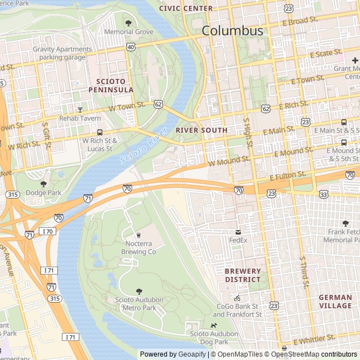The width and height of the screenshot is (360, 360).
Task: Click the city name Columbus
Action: coord(232,30)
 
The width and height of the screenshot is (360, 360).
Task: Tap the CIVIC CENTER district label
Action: coord(186,8)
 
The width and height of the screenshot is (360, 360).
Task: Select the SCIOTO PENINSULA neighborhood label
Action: coord(111,85)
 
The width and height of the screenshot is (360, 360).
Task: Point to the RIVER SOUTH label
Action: coord(201,130)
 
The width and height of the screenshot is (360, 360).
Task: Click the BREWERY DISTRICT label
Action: coord(243,275)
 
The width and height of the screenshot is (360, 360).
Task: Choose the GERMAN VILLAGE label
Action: coord(335,301)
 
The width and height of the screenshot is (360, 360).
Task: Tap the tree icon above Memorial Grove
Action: coord(128,23)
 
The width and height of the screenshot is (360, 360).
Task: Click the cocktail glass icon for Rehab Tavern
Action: coord(80,109)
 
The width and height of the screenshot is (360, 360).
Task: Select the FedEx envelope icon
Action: coord(238,232)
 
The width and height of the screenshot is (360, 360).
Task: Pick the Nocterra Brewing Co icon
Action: coord(138,235)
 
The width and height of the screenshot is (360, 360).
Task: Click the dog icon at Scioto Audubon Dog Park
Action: coord(213,325)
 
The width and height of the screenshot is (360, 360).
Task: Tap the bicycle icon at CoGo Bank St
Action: coord(237,298)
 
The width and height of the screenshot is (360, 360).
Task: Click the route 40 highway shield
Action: coord(130,47)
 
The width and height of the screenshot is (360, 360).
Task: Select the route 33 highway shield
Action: coord(323,194)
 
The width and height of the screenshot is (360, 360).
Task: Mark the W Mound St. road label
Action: coord(228,161)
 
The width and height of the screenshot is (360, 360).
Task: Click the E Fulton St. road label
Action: coord(287,177)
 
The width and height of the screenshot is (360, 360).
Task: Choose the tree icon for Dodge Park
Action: coord(43,184)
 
